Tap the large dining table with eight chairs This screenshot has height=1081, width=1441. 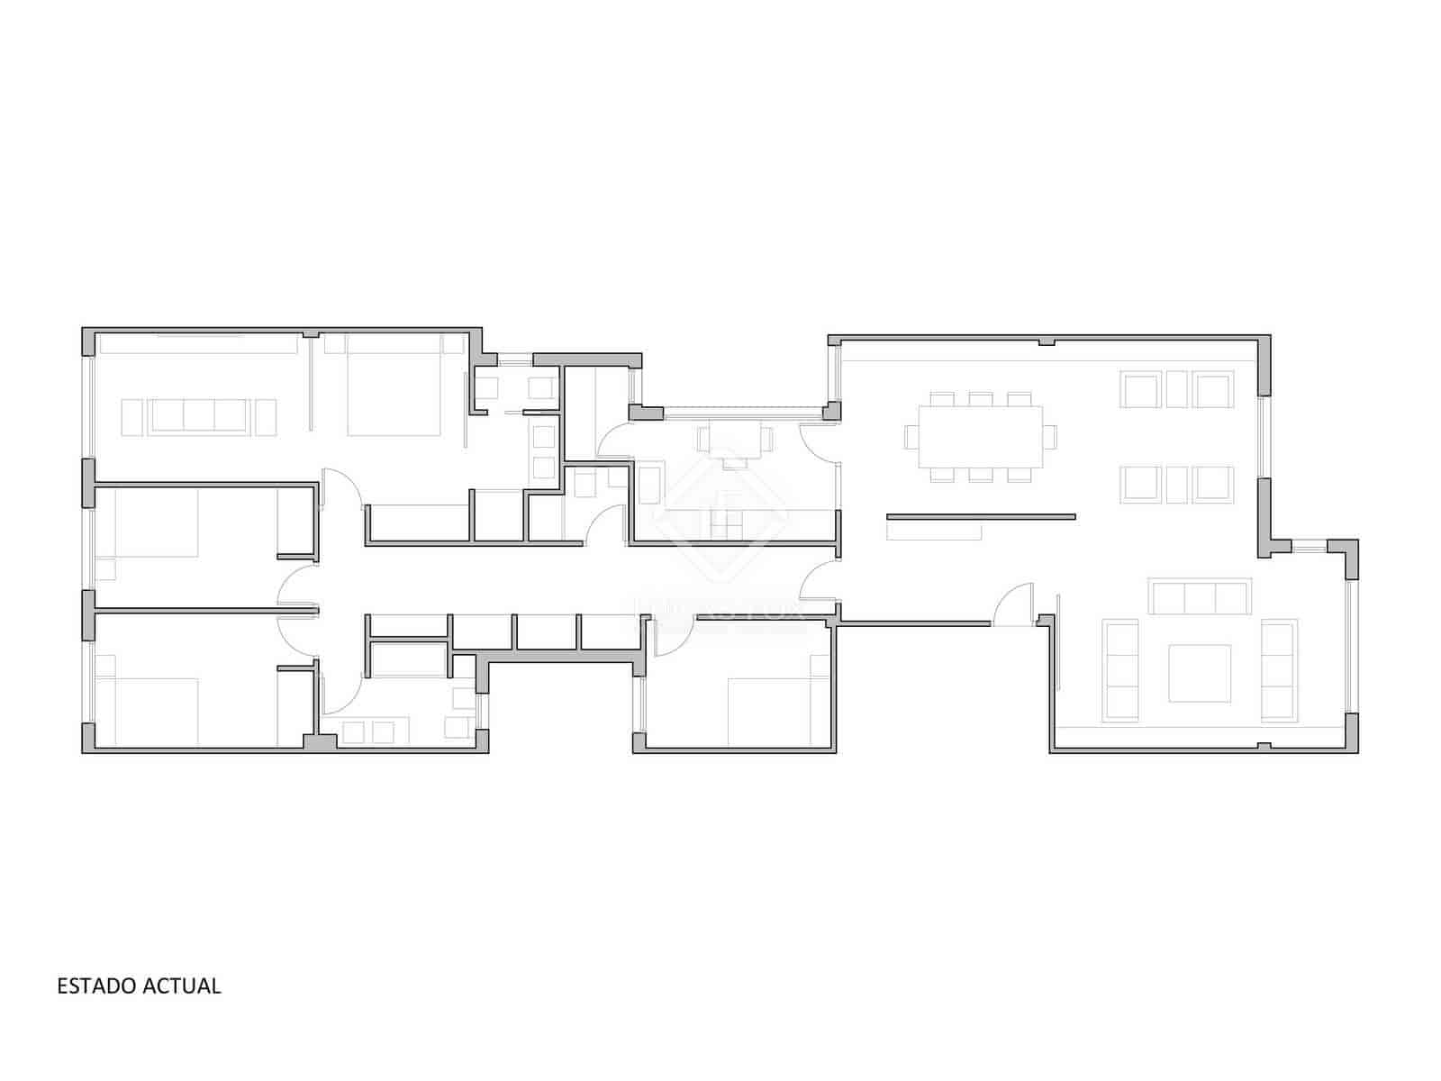pos(980,437)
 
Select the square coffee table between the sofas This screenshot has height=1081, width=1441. pos(1200,673)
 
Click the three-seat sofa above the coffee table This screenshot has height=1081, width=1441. pos(1200,597)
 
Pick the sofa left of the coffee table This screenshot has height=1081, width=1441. pos(1121,670)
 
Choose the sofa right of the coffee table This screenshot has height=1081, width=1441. pos(1279,670)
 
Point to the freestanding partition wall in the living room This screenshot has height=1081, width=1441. pos(981,517)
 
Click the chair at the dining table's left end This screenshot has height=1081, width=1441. pos(911,437)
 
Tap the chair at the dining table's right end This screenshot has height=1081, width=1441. pos(1049,437)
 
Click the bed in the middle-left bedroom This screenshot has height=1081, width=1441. pos(149,523)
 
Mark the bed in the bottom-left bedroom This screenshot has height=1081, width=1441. pos(149,712)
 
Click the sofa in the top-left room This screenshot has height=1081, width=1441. pos(198,416)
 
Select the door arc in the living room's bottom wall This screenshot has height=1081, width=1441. pos(1013,604)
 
